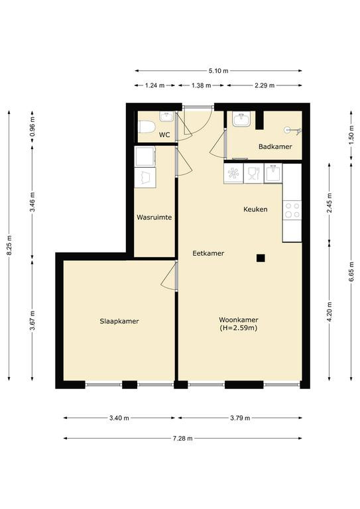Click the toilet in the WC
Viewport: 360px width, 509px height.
click(x=147, y=127)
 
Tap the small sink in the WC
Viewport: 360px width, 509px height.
click(x=167, y=117)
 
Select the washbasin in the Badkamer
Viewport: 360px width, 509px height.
click(x=241, y=120)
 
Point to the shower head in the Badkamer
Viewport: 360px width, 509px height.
click(x=293, y=131)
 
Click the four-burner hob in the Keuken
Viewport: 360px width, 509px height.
click(x=292, y=210)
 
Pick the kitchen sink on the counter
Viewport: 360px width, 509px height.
click(x=273, y=173)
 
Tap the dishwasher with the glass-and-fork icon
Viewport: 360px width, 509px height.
click(x=253, y=174)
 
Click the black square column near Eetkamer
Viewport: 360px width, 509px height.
click(x=261, y=258)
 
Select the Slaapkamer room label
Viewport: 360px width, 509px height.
click(x=119, y=321)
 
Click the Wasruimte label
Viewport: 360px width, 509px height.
click(x=154, y=217)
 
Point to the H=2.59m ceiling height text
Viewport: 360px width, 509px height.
click(x=239, y=328)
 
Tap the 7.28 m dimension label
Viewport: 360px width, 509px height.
click(x=182, y=439)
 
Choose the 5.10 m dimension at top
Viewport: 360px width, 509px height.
click(x=219, y=70)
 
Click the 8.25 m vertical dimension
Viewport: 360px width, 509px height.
click(x=9, y=245)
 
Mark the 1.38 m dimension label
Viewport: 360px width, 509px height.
click(x=202, y=85)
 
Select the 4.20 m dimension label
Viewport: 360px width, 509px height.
click(x=330, y=312)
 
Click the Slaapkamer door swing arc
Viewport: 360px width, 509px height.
click(x=167, y=274)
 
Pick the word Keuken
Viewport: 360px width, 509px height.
click(x=255, y=209)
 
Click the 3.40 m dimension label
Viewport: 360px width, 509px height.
click(x=119, y=418)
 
